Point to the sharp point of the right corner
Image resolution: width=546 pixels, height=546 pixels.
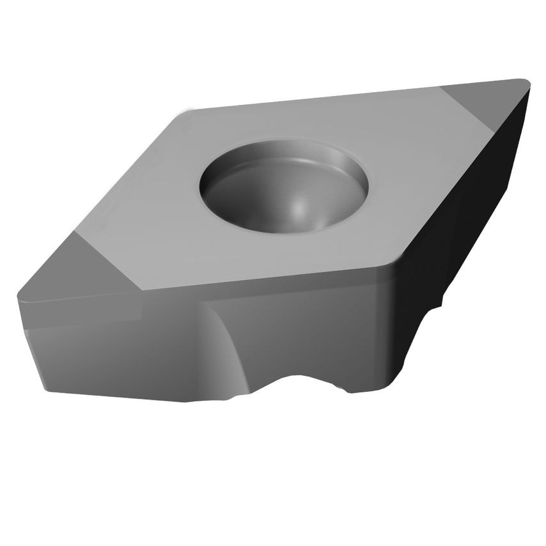click(527, 82)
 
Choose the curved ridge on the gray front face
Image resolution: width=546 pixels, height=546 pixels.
click(227, 345)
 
